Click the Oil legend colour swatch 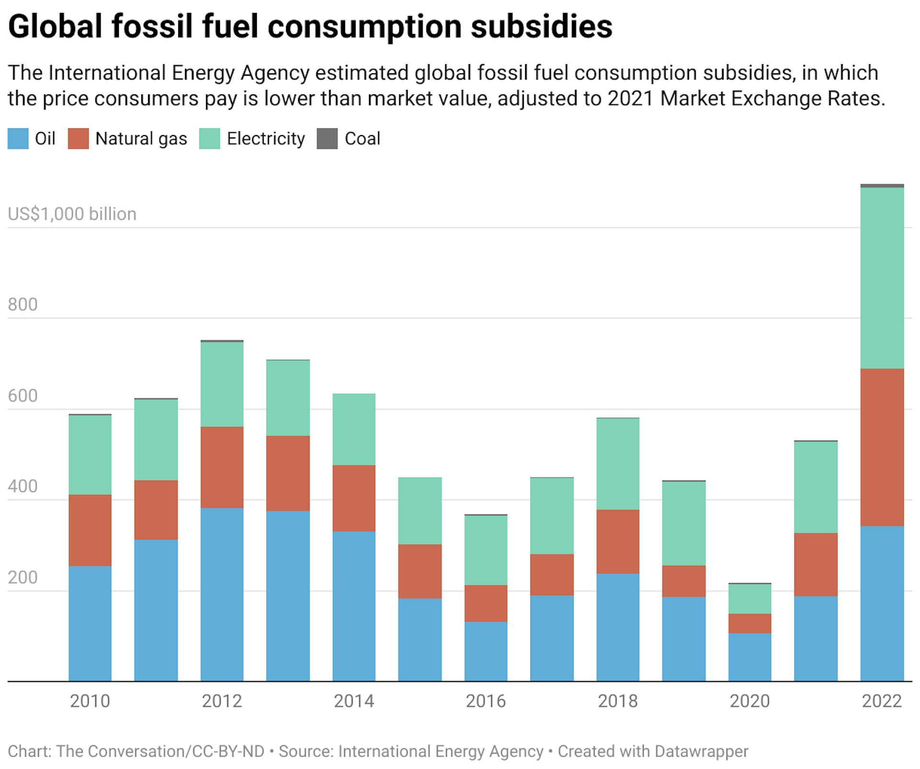18,138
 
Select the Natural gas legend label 141,138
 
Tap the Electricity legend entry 265,138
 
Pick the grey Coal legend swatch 327,138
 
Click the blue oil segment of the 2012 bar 222,594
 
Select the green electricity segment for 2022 882,278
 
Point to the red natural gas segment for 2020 749,623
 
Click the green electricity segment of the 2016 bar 485,550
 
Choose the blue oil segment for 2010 90,623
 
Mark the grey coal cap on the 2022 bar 882,185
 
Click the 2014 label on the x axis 354,701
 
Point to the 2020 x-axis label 749,701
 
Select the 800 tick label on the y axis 23,304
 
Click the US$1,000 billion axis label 72,214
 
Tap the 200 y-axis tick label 23,577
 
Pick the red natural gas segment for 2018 618,541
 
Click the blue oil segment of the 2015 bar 420,640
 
